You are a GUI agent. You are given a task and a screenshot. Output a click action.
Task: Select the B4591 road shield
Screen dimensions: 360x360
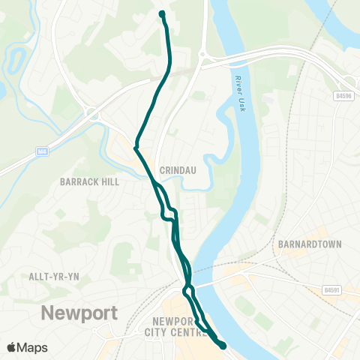coord(334,289)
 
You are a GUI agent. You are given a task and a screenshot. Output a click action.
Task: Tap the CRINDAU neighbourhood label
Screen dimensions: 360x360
coord(177,169)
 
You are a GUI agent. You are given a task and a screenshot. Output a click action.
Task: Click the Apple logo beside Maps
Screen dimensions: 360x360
coord(12,347)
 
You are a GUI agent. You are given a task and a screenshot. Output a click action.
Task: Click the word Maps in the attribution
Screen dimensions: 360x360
coord(32,347)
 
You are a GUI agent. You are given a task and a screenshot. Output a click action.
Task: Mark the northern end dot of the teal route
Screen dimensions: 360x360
coord(162,13)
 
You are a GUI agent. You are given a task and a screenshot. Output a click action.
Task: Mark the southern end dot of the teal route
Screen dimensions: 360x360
coord(223,345)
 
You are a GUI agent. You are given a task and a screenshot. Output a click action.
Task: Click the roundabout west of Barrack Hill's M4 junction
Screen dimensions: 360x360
coord(94,115)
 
